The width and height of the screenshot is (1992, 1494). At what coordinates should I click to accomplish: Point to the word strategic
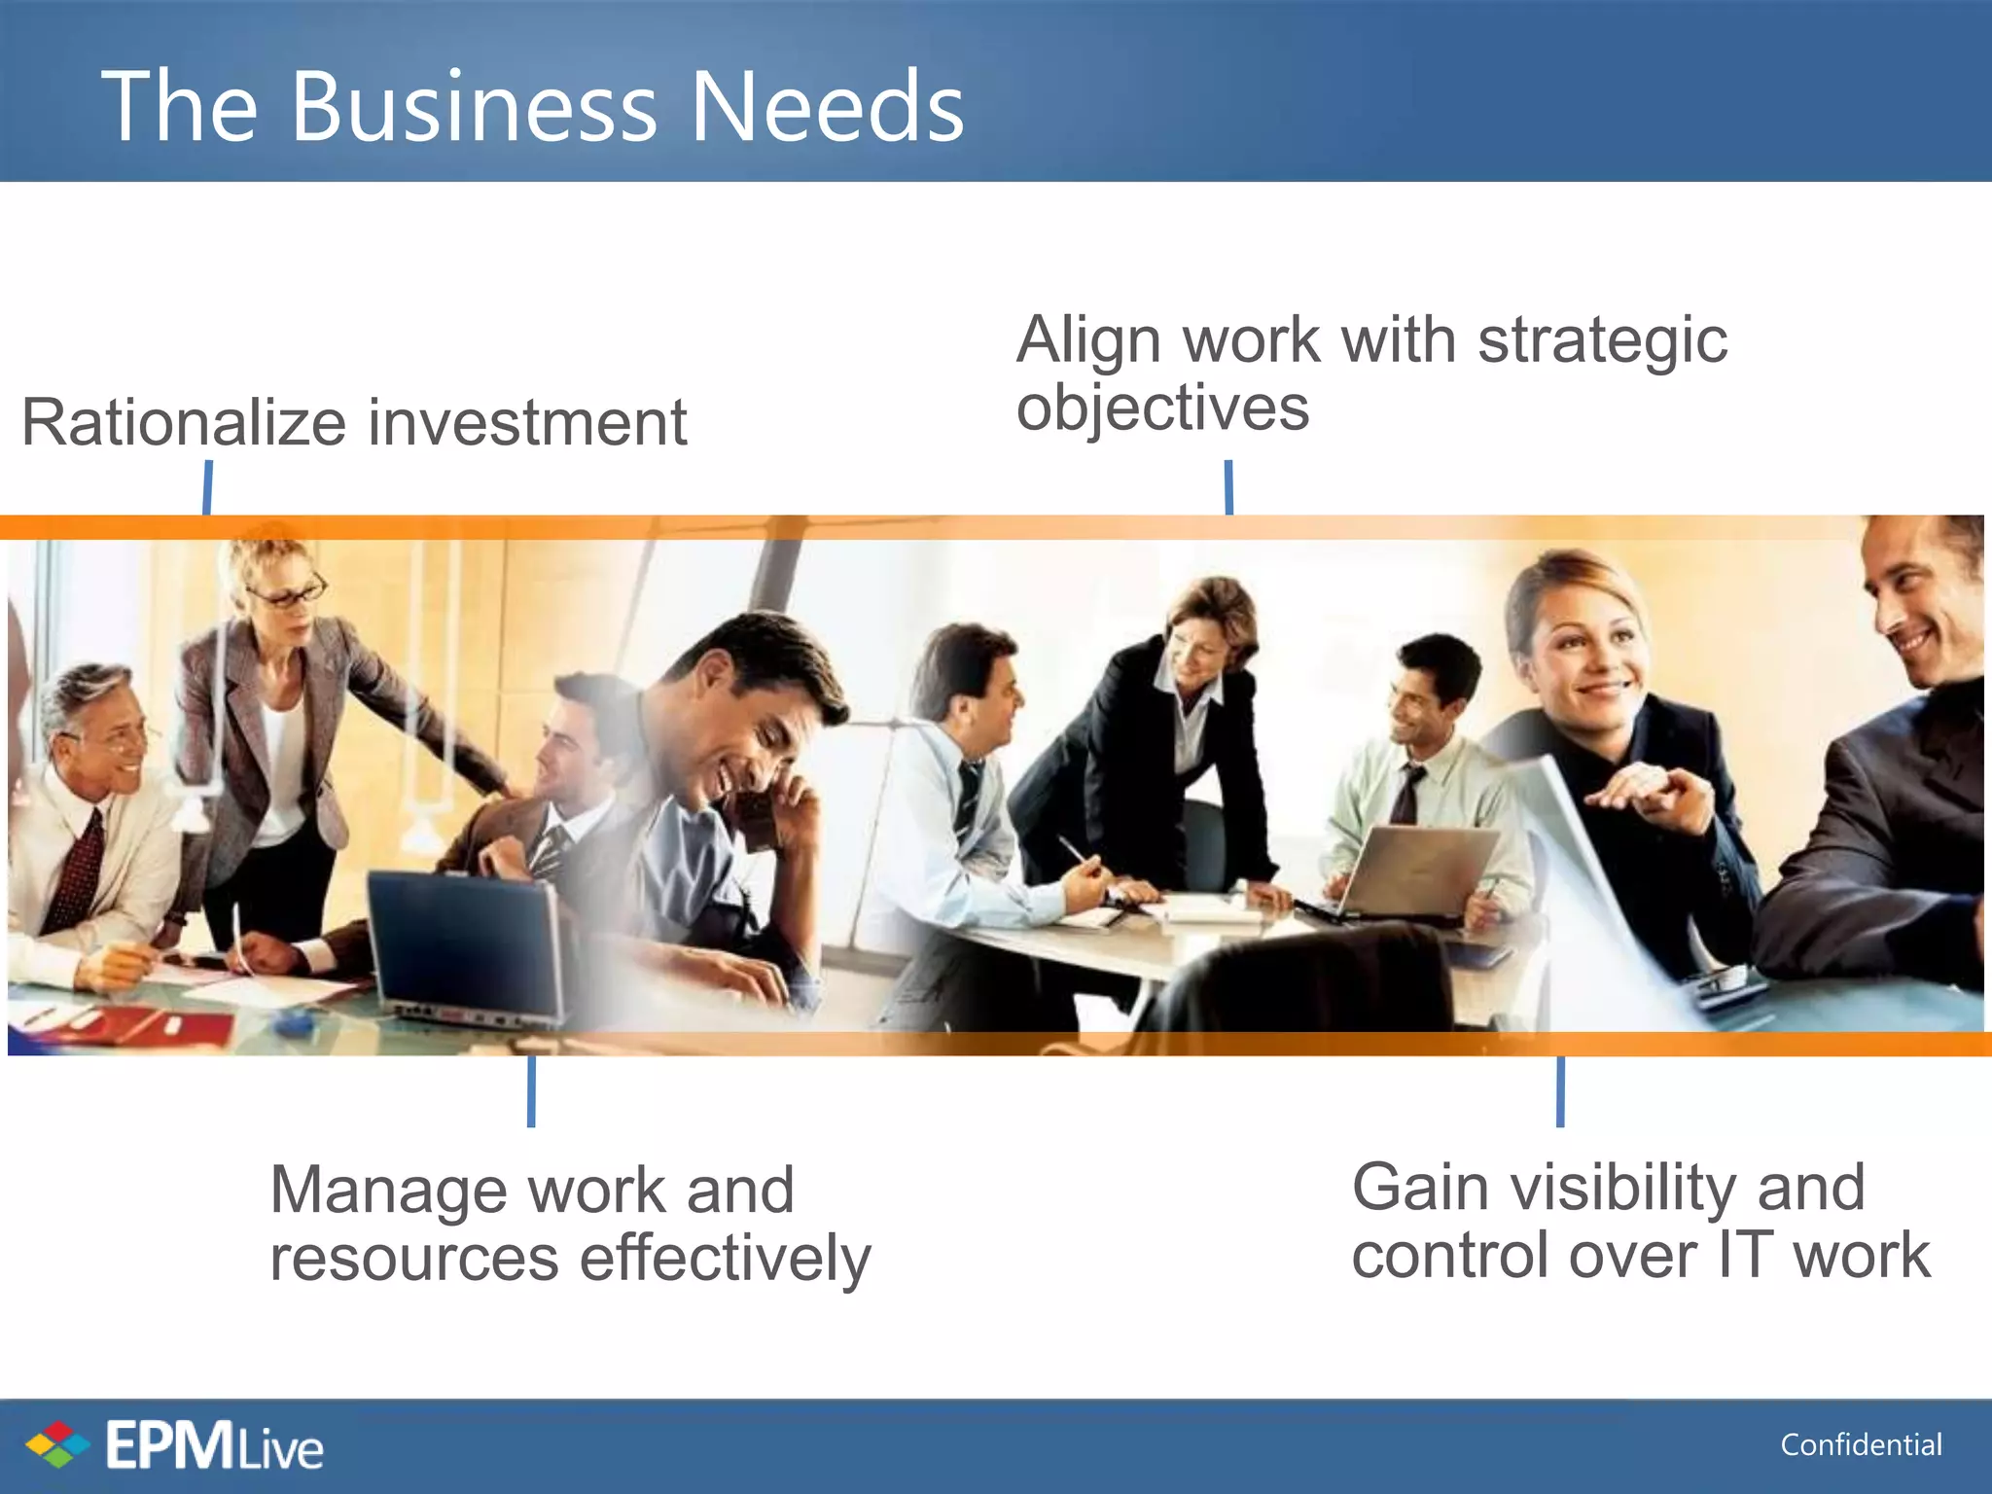[1602, 342]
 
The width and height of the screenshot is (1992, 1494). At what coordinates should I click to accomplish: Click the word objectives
[1162, 409]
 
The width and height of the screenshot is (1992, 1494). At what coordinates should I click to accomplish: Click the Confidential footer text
[1861, 1445]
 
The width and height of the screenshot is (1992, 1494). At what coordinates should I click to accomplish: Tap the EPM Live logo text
[214, 1446]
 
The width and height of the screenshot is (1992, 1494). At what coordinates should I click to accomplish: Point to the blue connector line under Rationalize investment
[207, 487]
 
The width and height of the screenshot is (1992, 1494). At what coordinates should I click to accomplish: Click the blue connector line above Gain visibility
[1560, 1091]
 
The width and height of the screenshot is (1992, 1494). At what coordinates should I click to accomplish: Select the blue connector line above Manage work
[531, 1091]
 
